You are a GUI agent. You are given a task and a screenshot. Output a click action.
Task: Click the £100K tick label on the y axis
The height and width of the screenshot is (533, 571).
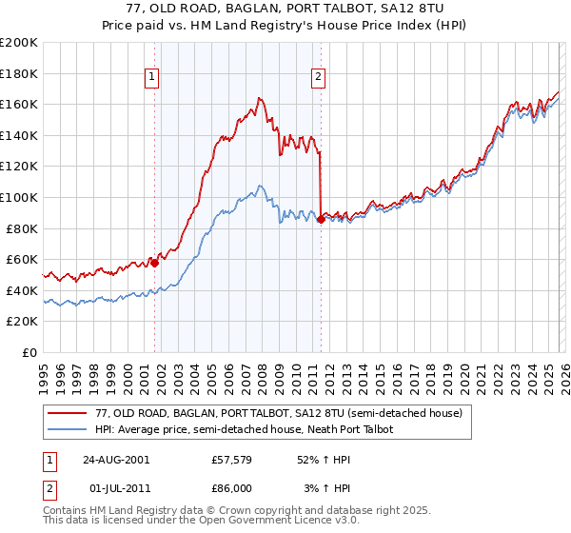pyautogui.click(x=19, y=197)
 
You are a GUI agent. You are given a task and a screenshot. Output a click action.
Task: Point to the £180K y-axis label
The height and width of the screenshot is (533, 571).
pyautogui.click(x=19, y=73)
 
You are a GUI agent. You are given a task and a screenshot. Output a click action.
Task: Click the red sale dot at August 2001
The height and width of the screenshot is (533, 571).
pyautogui.click(x=154, y=263)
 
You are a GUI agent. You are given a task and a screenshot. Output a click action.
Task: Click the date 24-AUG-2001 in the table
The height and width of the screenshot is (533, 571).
pyautogui.click(x=116, y=460)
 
